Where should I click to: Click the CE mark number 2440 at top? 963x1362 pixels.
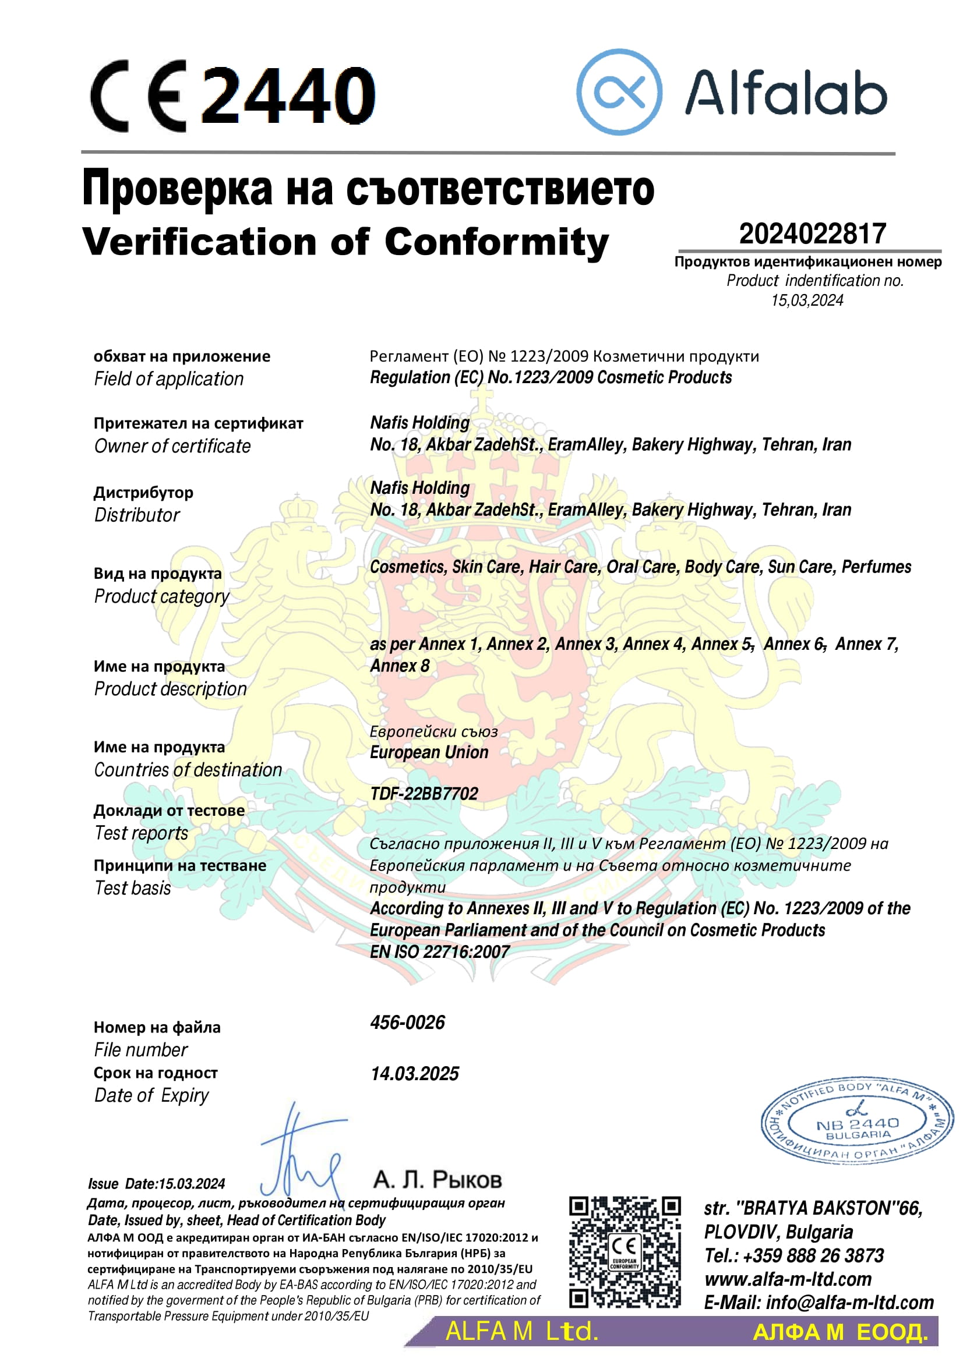[x=289, y=95]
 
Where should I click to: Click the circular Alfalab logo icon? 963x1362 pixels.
[x=619, y=92]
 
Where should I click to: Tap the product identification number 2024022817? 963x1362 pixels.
[x=812, y=234]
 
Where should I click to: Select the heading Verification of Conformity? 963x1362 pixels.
[x=345, y=242]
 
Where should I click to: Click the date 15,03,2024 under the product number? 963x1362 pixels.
[x=807, y=300]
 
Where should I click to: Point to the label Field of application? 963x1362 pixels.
[x=168, y=379]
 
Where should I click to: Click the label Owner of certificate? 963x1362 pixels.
[x=172, y=446]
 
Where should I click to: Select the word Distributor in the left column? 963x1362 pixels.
[x=136, y=515]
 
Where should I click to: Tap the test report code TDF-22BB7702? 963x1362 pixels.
[x=424, y=794]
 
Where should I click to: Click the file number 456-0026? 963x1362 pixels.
[x=407, y=1022]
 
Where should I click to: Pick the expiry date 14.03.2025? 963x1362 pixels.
[x=414, y=1073]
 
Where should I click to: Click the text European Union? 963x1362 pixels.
[x=429, y=752]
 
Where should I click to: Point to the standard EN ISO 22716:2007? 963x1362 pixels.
[x=439, y=951]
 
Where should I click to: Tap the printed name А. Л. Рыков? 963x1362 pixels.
[x=438, y=1179]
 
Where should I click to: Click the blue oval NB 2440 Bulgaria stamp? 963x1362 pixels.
[x=856, y=1123]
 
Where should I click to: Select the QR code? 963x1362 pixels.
[x=624, y=1252]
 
